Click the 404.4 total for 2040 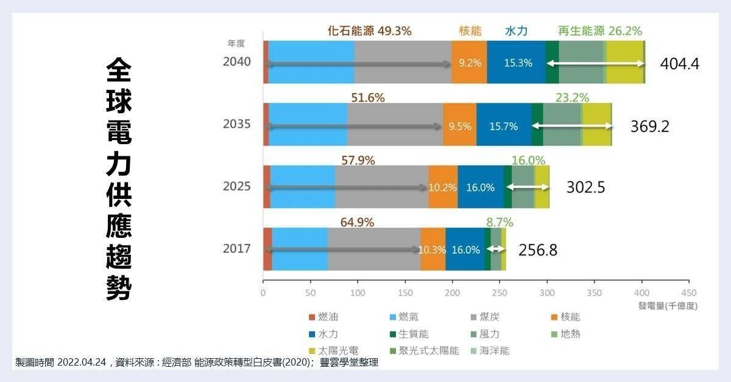pos(679,64)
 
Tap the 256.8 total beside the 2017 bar pos(538,250)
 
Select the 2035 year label pos(237,125)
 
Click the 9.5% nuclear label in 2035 pos(460,127)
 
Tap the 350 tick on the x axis pos(594,293)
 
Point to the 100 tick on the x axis pos(358,293)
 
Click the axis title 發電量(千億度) pos(668,306)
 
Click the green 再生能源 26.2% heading pos(599,31)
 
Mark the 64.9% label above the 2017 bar pos(357,222)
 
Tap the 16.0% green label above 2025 pos(528,160)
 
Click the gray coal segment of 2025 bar pos(381,187)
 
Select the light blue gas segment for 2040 pos(311,62)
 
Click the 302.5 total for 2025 pos(585,187)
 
